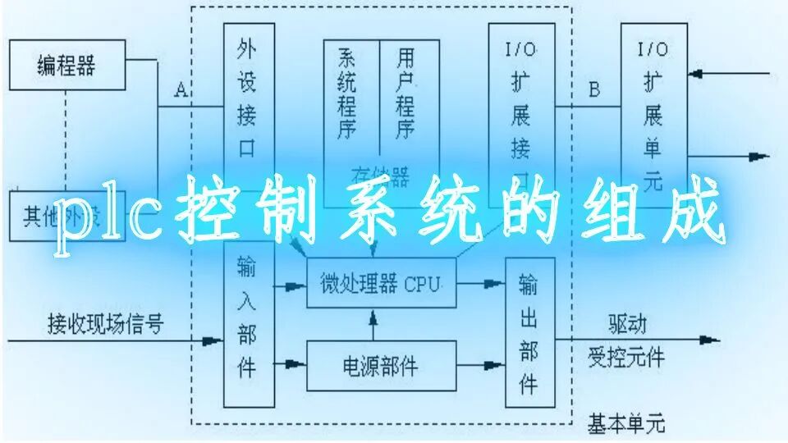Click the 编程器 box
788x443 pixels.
point(67,65)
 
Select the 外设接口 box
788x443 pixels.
point(249,94)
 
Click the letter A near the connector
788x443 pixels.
point(181,90)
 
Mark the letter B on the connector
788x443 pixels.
point(594,89)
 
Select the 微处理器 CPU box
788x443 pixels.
point(381,284)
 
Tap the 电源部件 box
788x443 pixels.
point(381,366)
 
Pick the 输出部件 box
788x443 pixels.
point(529,331)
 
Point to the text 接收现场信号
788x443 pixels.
point(105,323)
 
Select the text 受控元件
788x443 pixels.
point(626,358)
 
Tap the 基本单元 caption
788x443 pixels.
point(626,424)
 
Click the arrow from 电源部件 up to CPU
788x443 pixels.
point(373,324)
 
